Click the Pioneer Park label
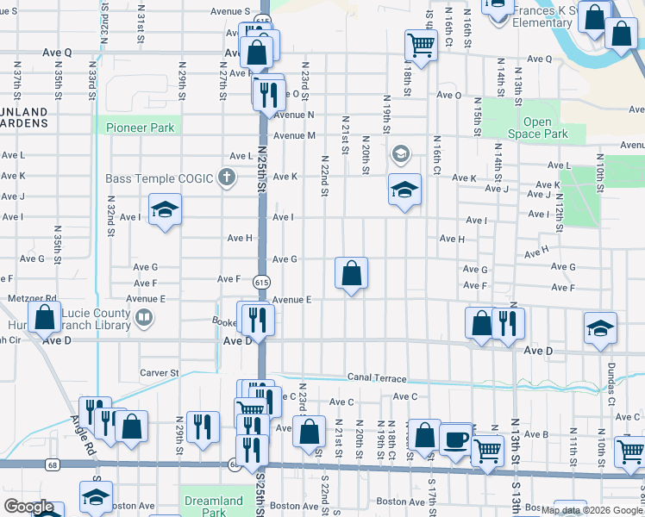pyautogui.click(x=141, y=128)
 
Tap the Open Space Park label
pyautogui.click(x=536, y=128)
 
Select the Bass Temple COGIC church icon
pyautogui.click(x=226, y=178)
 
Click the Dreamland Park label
pyautogui.click(x=214, y=506)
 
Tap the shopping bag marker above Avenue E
pyautogui.click(x=351, y=273)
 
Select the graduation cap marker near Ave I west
pyautogui.click(x=165, y=209)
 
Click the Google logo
pyautogui.click(x=28, y=508)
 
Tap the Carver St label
pyautogui.click(x=159, y=373)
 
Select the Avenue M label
pyautogui.click(x=294, y=135)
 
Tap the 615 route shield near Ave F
pyautogui.click(x=260, y=282)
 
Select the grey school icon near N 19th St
pyautogui.click(x=399, y=156)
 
